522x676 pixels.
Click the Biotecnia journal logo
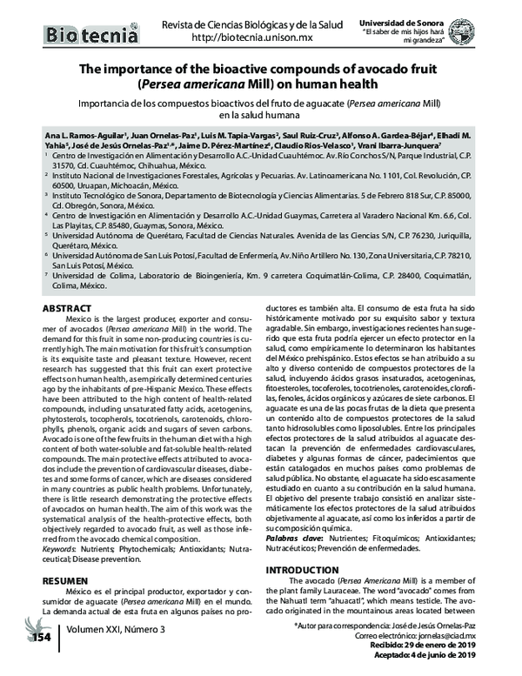point(91,36)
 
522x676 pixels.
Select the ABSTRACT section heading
point(66,310)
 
